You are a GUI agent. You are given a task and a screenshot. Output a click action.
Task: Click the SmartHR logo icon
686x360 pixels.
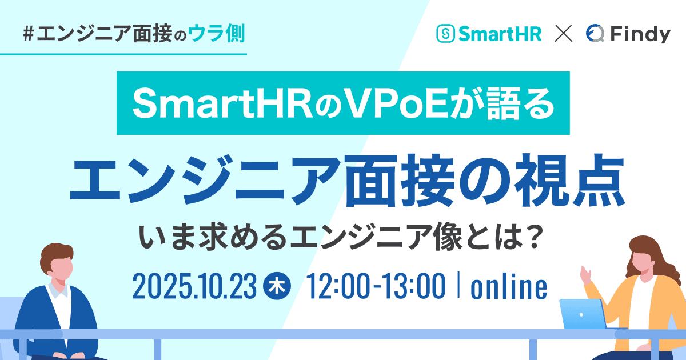click(x=445, y=34)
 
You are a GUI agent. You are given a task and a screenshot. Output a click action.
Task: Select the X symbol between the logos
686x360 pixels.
click(x=564, y=35)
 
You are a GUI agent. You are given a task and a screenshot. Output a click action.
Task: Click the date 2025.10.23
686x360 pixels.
click(x=194, y=287)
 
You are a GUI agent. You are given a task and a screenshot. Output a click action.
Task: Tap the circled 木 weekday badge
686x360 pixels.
click(x=278, y=286)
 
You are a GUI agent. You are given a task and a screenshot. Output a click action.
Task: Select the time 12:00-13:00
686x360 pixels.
click(x=376, y=287)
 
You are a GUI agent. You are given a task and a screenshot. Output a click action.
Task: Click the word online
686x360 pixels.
click(x=508, y=287)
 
